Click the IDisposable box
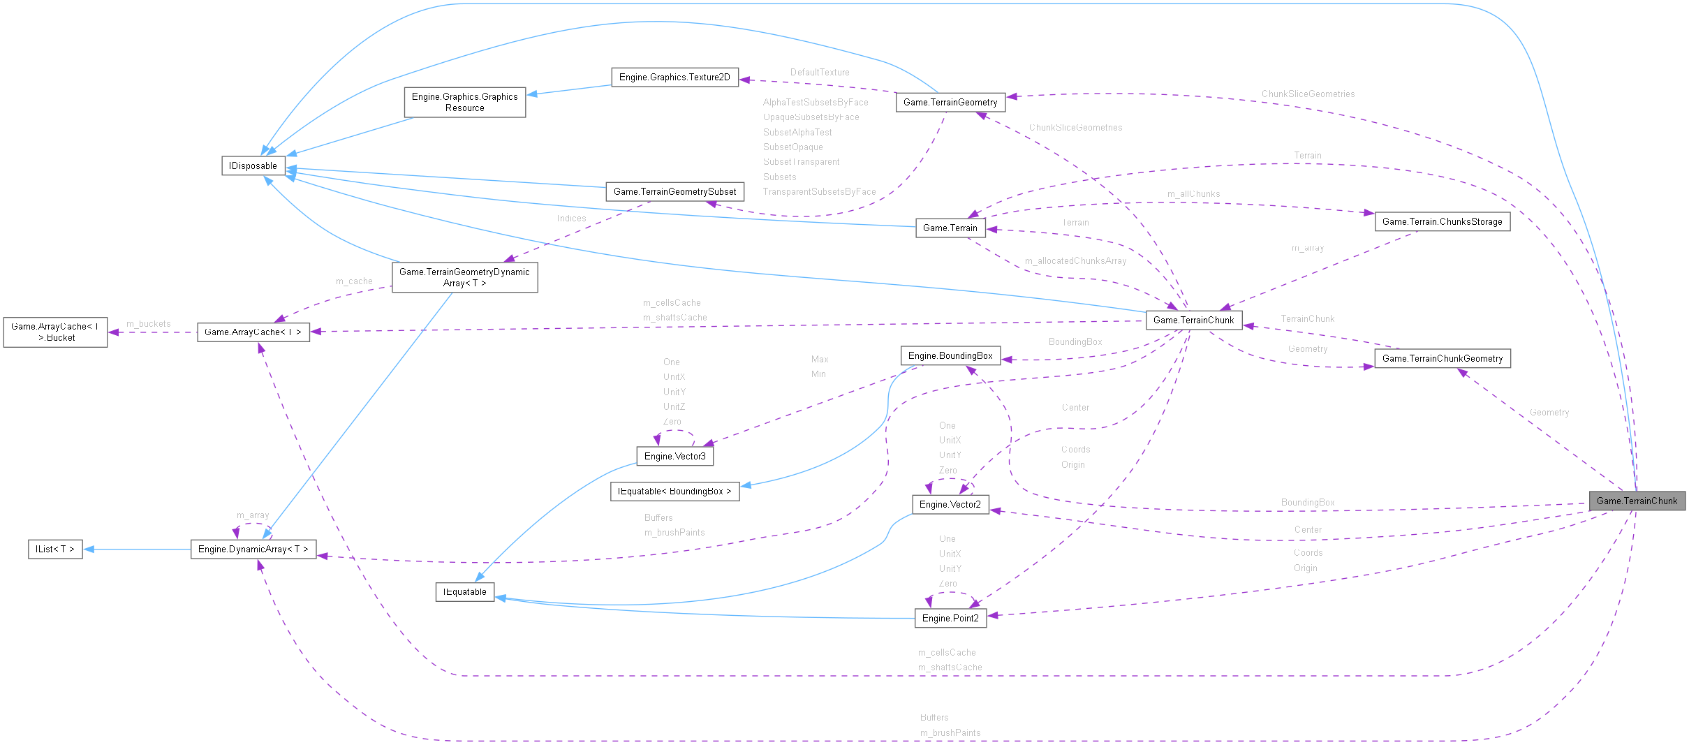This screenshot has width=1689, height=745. [x=253, y=165]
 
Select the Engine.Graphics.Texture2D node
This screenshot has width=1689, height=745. [x=674, y=78]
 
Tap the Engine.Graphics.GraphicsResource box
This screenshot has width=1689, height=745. [x=464, y=102]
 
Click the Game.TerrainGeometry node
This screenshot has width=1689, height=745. [x=950, y=103]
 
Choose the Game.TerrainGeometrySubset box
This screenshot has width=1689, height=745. [x=674, y=191]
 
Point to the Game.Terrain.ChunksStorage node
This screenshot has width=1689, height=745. [x=1442, y=222]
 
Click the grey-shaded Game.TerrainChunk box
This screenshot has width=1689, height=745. [x=1636, y=501]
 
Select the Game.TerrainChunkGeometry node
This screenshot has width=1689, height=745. [x=1442, y=359]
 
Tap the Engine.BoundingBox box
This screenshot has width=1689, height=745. [x=950, y=356]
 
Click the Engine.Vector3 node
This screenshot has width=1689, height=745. [x=674, y=457]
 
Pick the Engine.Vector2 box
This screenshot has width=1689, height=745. [x=950, y=504]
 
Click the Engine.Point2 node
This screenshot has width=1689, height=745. [x=950, y=619]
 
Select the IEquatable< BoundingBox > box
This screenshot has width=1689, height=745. [x=674, y=492]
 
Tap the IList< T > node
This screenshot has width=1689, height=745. [x=54, y=549]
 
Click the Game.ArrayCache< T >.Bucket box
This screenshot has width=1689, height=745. [x=55, y=332]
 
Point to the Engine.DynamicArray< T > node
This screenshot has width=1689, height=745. [x=253, y=549]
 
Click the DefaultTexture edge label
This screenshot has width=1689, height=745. [x=819, y=73]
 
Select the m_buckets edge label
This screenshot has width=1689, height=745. [x=148, y=324]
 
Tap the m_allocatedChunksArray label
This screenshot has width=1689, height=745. [x=1075, y=261]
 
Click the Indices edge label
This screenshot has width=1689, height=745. [x=571, y=219]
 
